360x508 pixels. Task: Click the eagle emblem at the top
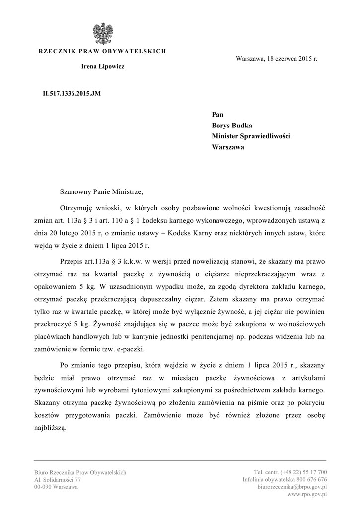click(102, 34)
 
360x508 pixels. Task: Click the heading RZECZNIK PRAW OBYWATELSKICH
click(102, 51)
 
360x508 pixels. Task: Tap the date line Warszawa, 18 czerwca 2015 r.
click(276, 59)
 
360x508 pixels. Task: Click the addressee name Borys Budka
click(232, 126)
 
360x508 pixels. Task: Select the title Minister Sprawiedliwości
click(251, 136)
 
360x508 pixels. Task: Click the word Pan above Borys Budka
click(217, 115)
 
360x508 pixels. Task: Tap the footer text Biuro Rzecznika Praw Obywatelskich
click(80, 472)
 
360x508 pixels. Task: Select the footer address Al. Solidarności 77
click(58, 480)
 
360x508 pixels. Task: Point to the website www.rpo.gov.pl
click(306, 495)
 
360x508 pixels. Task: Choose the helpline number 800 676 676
click(310, 480)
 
